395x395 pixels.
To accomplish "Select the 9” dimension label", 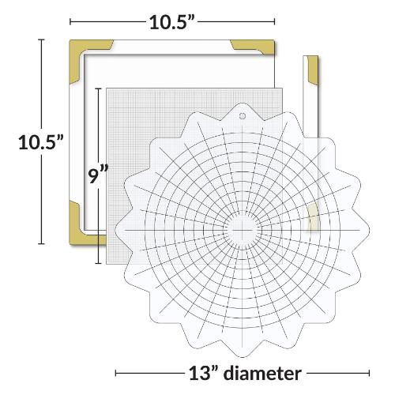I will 96,175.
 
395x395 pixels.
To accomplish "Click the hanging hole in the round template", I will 240,115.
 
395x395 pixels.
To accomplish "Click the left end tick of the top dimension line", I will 70,22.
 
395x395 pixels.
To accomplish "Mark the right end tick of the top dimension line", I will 275,22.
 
